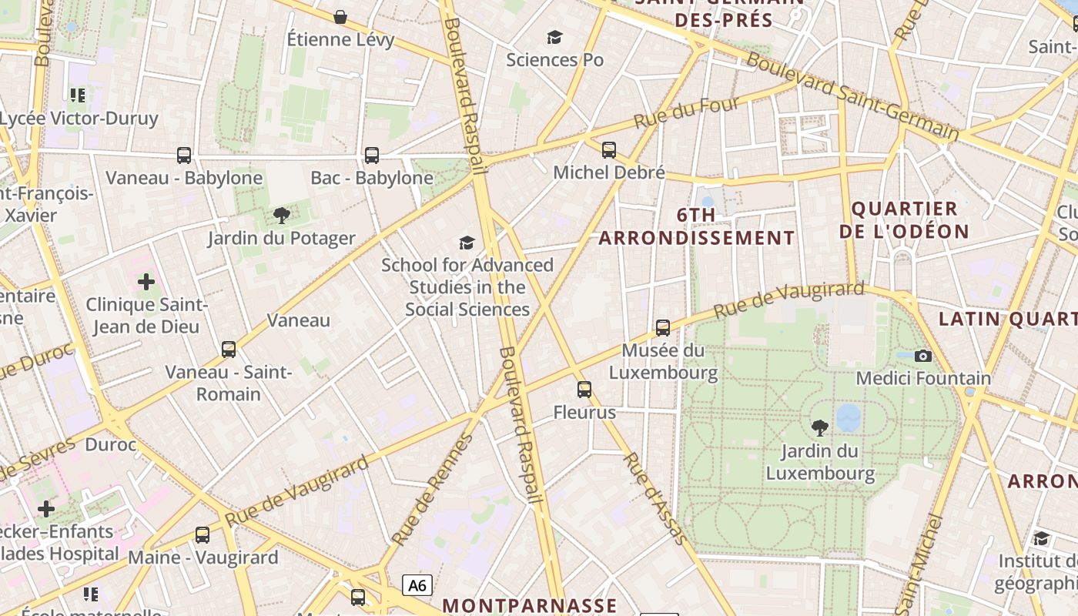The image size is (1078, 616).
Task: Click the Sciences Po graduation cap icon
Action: tap(554, 37)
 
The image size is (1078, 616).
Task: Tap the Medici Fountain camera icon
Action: tap(922, 356)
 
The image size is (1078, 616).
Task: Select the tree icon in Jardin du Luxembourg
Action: tap(820, 427)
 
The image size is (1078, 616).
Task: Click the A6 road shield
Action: tap(417, 585)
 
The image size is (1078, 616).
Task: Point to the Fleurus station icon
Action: tap(584, 390)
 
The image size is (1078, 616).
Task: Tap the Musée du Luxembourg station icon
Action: tap(662, 328)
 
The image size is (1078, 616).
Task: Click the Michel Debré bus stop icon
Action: tap(608, 150)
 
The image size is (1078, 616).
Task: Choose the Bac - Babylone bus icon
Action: tap(372, 156)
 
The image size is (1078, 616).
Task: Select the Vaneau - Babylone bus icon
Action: tap(184, 156)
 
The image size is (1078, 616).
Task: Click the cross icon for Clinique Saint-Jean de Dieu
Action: tap(146, 282)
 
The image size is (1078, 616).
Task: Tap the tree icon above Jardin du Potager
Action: tap(282, 216)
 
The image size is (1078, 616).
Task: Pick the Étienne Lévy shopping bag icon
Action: tap(340, 17)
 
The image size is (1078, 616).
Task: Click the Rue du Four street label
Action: tap(686, 112)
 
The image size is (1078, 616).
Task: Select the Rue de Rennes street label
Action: tap(431, 490)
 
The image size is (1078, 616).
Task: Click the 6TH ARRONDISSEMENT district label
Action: tap(696, 226)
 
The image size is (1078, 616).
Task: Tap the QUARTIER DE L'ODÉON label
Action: tap(904, 219)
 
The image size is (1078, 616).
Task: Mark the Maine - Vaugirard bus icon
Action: tap(203, 534)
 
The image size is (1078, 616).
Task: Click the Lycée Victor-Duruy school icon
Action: tap(78, 95)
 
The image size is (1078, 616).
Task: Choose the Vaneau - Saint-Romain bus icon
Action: tap(229, 350)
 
